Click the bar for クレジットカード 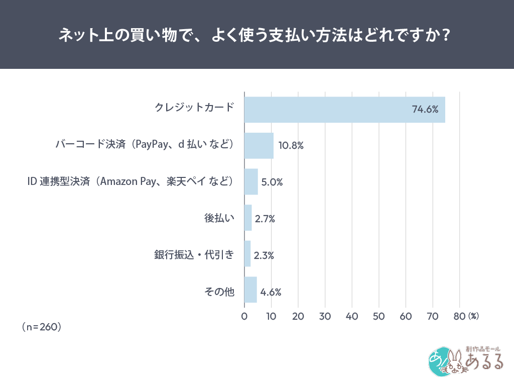coord(344,110)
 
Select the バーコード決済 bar coord(259,146)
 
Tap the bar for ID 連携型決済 coord(251,181)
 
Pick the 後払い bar coord(248,218)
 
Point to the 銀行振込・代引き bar coord(247,254)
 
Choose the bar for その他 coord(250,290)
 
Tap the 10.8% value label coord(291,146)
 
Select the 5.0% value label coord(272,182)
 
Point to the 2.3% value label coord(264,255)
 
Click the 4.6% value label coord(271,292)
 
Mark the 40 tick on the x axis coord(352,317)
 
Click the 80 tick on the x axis coord(459,317)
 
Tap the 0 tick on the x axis coord(244,317)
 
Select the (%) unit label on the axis coord(473,317)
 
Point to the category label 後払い coord(219,218)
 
